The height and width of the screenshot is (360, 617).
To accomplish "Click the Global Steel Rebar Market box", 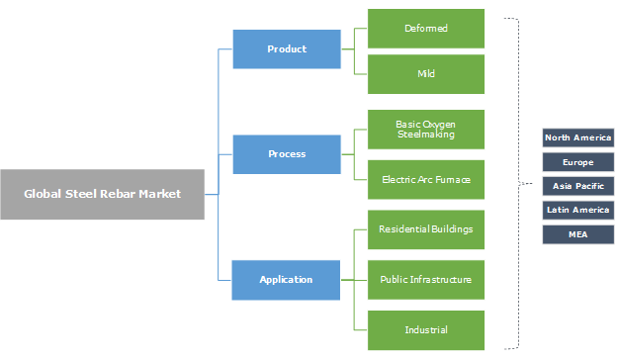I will [103, 194].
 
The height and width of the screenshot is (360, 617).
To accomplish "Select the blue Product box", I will [287, 48].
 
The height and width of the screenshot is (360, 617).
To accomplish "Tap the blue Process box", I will [287, 153].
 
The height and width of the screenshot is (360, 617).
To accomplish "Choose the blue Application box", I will [287, 279].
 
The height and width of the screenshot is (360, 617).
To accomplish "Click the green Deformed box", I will [426, 28].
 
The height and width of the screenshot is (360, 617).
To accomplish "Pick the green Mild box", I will [426, 74].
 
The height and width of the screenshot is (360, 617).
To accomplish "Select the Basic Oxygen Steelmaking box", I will [426, 129].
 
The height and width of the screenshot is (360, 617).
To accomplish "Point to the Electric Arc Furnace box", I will [426, 179].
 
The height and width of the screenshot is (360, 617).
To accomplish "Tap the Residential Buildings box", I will [426, 228].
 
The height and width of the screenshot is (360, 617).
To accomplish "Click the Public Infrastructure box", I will [426, 279].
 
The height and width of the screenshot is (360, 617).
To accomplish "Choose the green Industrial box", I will [426, 329].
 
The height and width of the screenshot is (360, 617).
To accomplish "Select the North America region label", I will [578, 137].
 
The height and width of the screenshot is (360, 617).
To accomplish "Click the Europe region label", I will [578, 161].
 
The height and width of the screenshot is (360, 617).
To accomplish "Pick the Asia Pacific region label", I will [578, 185].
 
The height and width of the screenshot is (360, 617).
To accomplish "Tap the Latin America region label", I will [578, 210].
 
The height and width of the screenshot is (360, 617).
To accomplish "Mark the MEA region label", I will [578, 233].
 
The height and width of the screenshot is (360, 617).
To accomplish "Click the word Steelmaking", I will [426, 134].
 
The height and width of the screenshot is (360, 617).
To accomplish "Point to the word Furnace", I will [449, 179].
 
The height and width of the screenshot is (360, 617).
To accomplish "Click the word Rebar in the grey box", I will [112, 194].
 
